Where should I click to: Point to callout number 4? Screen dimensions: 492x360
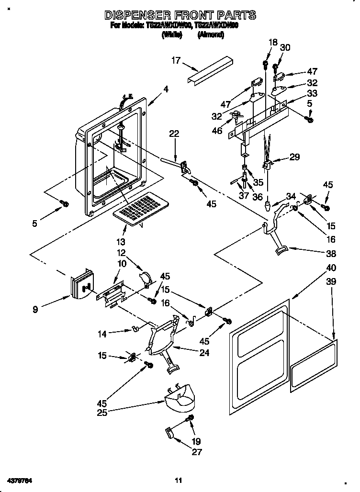click(166, 89)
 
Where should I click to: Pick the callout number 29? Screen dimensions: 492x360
click(295, 157)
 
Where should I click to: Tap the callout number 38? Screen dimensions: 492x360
click(317, 254)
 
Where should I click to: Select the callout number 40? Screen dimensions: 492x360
click(318, 268)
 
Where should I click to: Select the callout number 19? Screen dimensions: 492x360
click(197, 441)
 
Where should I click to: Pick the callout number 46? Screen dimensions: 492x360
click(217, 130)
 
